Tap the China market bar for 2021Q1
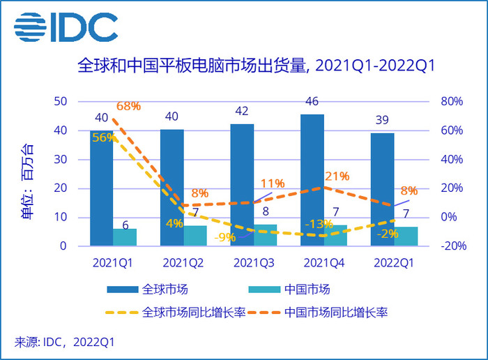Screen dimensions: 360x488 point(125,237)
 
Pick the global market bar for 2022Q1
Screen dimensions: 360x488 point(383,189)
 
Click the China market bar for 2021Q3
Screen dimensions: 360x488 point(266,235)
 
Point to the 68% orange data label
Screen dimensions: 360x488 point(129,107)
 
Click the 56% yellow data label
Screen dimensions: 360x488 point(103,137)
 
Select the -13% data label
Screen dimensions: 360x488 point(318,224)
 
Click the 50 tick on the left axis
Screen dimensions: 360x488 point(61,102)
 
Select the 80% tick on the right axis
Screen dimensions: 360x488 point(452,102)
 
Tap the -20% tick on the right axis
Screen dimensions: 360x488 point(452,246)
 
